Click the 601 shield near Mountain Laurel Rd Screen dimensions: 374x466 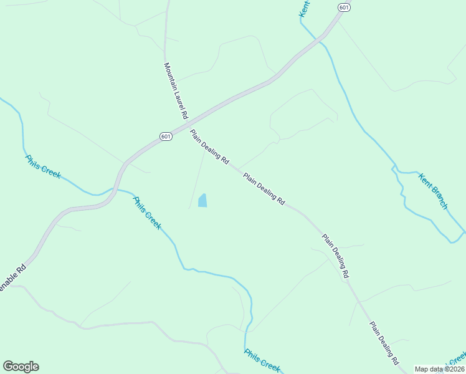[165, 137]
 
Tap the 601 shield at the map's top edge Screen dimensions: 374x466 [344, 7]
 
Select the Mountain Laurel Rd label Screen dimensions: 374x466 [175, 90]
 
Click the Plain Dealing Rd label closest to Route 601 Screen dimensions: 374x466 [209, 146]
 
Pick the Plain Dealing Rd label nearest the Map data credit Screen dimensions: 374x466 [384, 343]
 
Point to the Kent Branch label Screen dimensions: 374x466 [433, 191]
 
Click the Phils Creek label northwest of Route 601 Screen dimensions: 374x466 [43, 166]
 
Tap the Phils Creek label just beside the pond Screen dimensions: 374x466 [146, 213]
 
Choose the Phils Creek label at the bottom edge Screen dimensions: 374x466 [262, 360]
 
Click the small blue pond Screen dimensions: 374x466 [202, 201]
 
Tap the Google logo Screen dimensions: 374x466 [21, 367]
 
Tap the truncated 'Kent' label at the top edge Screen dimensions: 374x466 [304, 8]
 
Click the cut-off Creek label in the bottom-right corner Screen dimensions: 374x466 [458, 360]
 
